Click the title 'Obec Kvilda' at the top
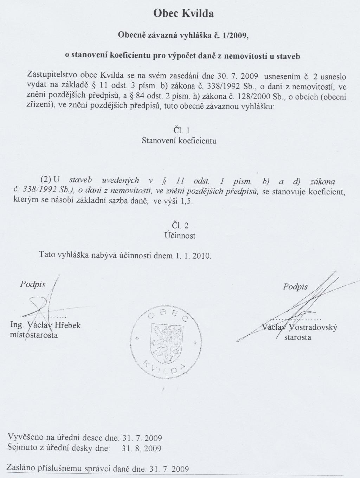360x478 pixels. tap(184, 14)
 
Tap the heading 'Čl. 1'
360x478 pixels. tap(181, 130)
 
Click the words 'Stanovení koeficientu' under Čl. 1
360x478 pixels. tap(179, 141)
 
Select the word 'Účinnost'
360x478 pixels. tap(180, 235)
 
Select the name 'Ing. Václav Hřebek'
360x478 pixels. tap(46, 325)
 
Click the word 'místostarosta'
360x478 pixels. tap(34, 335)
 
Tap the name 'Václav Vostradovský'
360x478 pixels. tap(300, 328)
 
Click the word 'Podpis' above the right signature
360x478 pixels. tap(295, 287)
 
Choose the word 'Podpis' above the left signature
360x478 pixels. tap(33, 284)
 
